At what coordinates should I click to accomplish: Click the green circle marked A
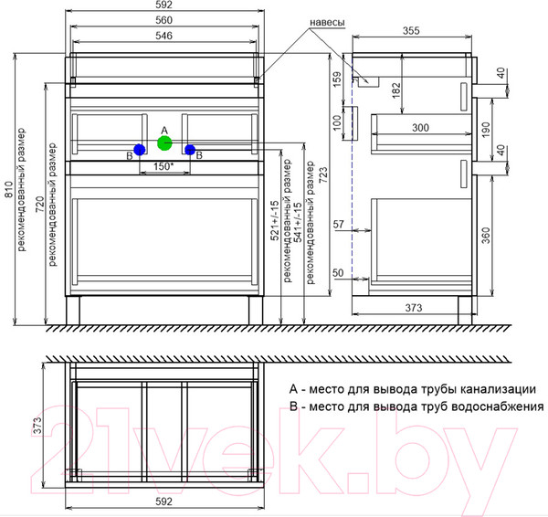(x=164, y=143)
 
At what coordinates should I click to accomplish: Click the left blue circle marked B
(x=140, y=150)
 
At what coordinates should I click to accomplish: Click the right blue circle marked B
(x=190, y=150)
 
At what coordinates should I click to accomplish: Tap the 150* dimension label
(x=163, y=166)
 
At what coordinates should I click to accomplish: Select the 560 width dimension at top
(x=163, y=20)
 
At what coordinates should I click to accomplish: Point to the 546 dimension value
(x=163, y=36)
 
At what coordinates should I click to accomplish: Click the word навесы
(x=328, y=22)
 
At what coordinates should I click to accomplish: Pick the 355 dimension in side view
(x=411, y=31)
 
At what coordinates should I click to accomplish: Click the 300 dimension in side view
(x=420, y=128)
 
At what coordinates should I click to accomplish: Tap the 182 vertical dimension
(x=396, y=90)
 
